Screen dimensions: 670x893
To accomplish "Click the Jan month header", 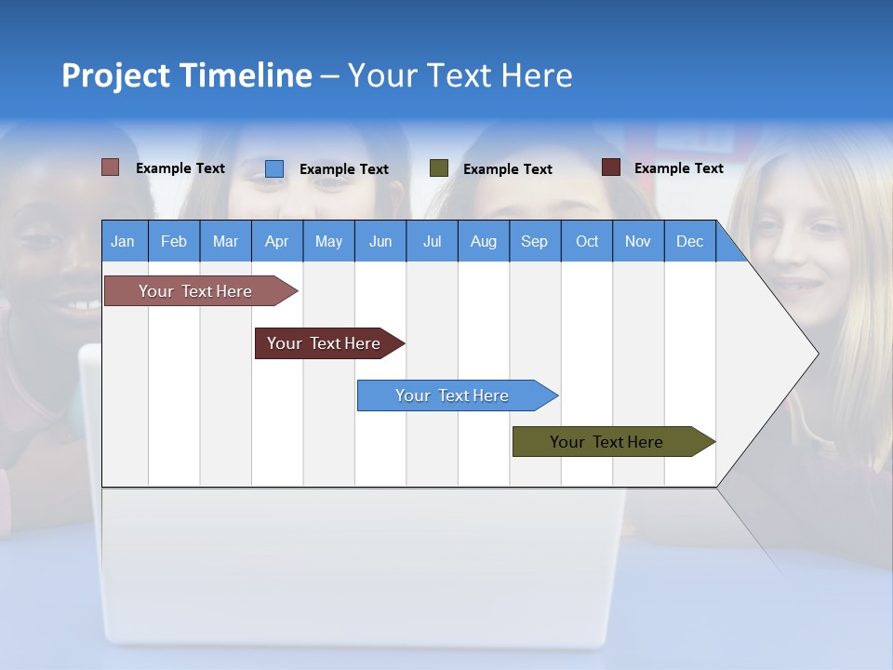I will [x=123, y=241].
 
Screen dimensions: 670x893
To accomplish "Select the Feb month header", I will [x=174, y=241].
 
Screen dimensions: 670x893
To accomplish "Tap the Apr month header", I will [x=276, y=241].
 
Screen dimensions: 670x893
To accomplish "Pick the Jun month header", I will [x=380, y=241].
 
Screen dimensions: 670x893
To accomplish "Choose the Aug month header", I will [x=483, y=241].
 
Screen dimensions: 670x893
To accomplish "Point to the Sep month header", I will [x=534, y=241].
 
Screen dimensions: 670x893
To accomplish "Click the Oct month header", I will [x=587, y=241].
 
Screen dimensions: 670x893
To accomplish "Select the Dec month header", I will [x=689, y=241].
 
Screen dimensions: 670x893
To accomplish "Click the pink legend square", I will [x=110, y=167].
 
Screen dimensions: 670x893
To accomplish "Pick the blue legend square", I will [x=274, y=168].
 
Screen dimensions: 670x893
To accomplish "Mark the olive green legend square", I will [x=439, y=168].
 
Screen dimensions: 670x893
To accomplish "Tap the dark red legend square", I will [x=610, y=167].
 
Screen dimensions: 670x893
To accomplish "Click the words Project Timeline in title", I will [x=187, y=75].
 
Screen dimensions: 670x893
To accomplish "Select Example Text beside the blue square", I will [x=344, y=169].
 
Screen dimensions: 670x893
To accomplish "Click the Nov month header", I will [x=638, y=241].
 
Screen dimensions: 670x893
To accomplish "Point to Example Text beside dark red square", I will [x=679, y=168].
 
